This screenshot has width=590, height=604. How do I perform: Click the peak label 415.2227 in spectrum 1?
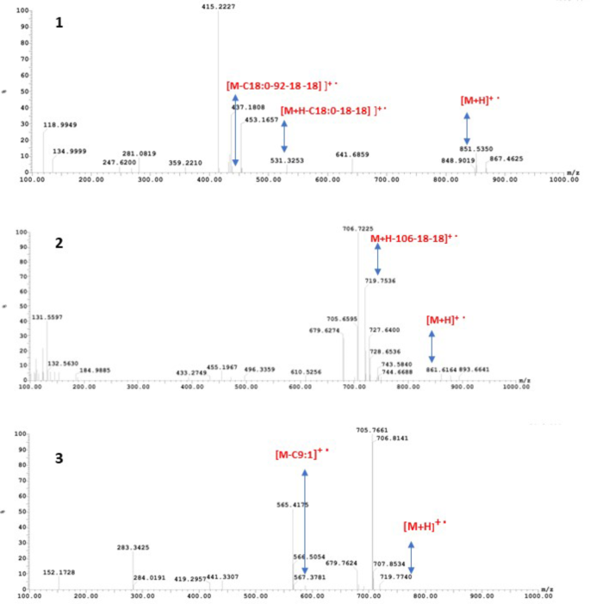pos(217,7)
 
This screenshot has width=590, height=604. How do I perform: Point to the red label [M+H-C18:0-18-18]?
pos(332,110)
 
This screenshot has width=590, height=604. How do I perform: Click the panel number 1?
pos(59,23)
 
